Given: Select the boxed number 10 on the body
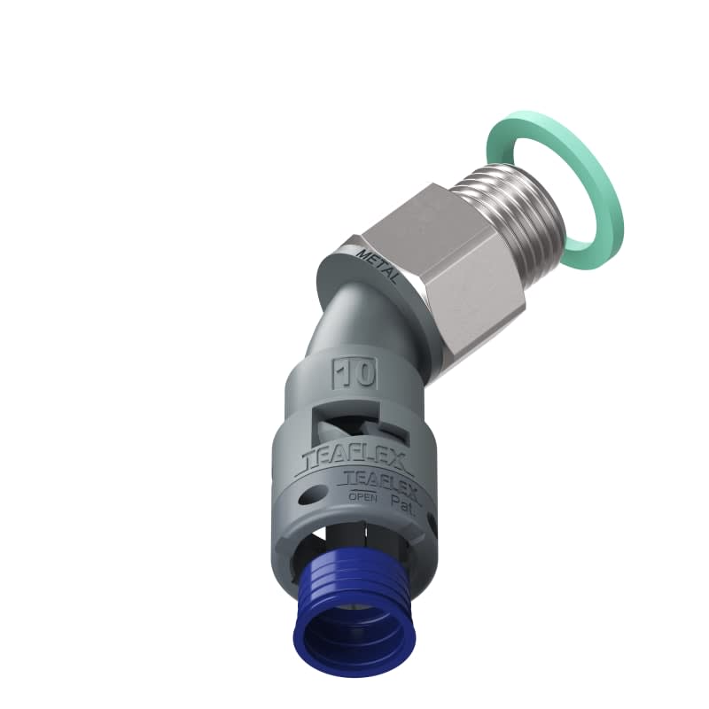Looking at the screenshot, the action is point(355,373).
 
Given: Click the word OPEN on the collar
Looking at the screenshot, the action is point(362,498).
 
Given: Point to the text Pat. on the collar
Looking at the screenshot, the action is point(402,501).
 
